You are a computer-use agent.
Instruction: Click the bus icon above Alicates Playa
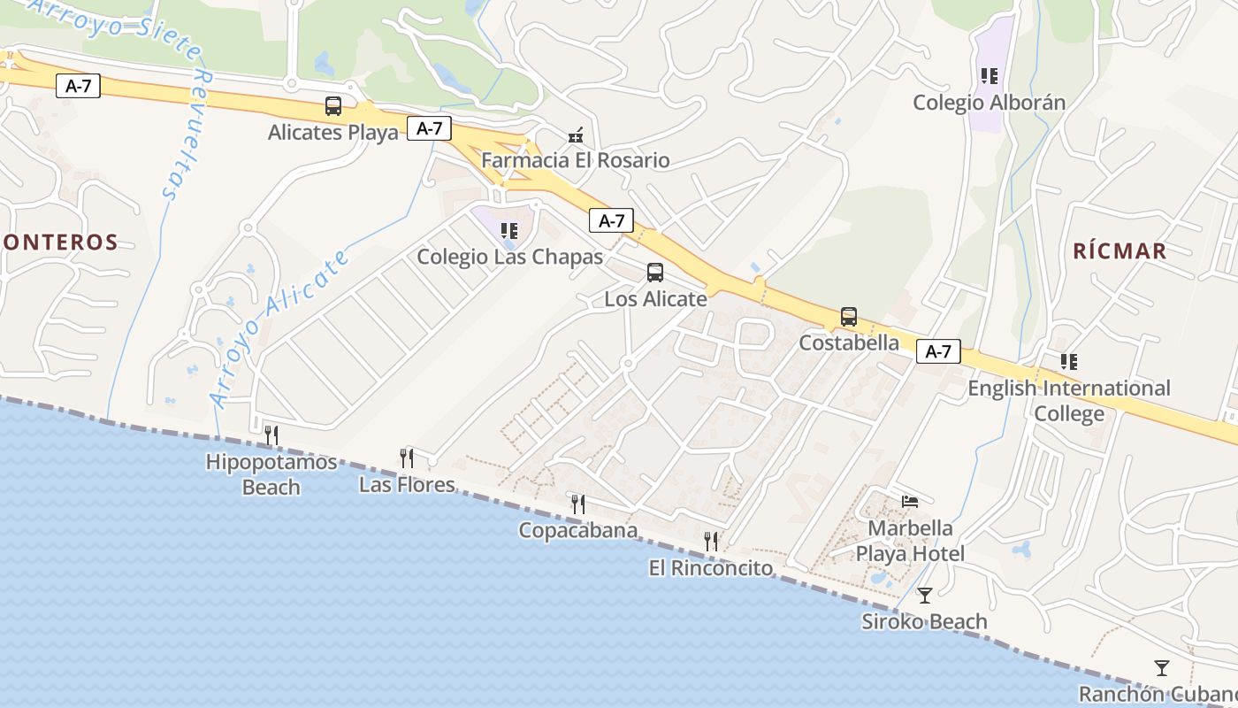[x=333, y=106]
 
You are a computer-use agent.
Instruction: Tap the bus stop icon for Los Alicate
[x=655, y=273]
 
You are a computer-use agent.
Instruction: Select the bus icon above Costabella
[x=849, y=316]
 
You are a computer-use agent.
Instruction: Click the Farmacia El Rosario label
[x=576, y=160]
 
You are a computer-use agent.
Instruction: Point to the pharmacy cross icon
[x=576, y=135]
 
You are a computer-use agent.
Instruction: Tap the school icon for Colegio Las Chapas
[x=509, y=231]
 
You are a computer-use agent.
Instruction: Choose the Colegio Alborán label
[x=989, y=103]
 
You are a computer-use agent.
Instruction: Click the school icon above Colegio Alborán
[x=990, y=76]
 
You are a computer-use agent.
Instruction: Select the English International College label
[x=1069, y=401]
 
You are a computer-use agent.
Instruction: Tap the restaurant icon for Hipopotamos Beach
[x=271, y=435]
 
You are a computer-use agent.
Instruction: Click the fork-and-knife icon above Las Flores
[x=407, y=458]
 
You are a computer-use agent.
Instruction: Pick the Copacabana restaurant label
[x=578, y=531]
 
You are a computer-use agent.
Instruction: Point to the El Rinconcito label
[x=711, y=568]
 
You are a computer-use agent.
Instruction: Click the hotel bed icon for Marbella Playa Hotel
[x=910, y=502]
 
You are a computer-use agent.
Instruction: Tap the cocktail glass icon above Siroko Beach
[x=925, y=595]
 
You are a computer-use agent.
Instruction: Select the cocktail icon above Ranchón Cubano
[x=1162, y=667]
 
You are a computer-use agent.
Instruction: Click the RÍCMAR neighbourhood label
[x=1120, y=250]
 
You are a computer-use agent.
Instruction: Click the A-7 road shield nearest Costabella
[x=938, y=351]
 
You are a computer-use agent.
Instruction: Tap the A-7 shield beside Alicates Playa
[x=430, y=128]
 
